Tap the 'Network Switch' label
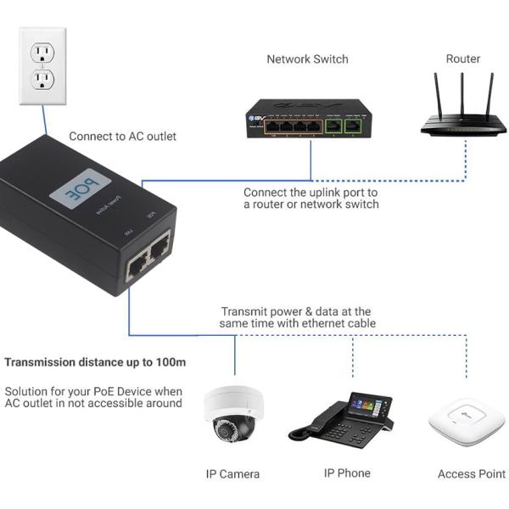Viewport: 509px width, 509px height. (x=307, y=59)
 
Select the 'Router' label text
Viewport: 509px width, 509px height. (x=463, y=59)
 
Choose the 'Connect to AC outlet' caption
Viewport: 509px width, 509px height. (x=123, y=136)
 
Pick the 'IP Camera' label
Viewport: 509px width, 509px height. (x=232, y=474)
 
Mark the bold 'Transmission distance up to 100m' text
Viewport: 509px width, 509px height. (x=95, y=362)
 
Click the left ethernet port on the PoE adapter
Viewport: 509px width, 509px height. (x=136, y=268)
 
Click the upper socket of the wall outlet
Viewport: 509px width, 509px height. (x=42, y=53)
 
